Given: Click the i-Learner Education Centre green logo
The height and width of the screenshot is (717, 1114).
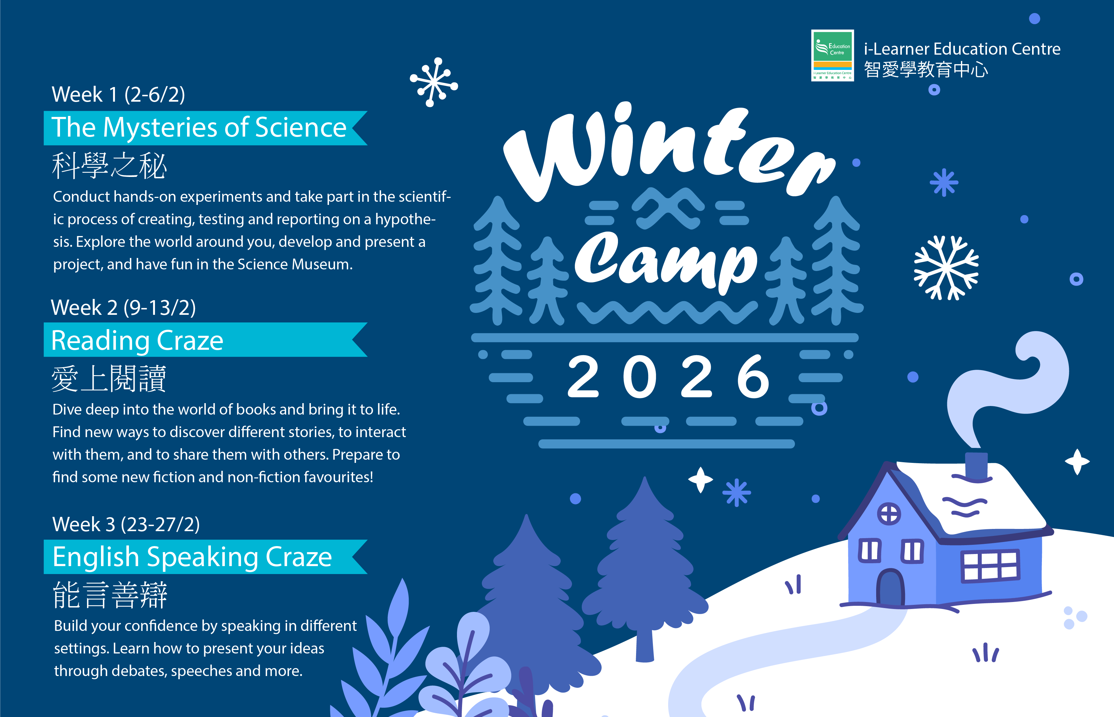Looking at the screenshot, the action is [832, 55].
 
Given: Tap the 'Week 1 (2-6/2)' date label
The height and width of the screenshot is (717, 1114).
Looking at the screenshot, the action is [118, 95].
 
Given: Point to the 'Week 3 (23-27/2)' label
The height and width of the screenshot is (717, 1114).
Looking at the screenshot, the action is [126, 524].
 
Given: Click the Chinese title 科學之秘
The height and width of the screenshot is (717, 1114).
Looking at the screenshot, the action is [109, 166].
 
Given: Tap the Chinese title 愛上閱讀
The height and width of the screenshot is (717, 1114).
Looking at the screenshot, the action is [109, 379].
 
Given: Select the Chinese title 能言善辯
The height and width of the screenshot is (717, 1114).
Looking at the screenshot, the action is [110, 595].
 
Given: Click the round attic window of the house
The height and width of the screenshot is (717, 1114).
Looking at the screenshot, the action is [889, 514].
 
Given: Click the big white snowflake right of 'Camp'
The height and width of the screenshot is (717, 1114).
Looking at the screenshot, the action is [946, 268].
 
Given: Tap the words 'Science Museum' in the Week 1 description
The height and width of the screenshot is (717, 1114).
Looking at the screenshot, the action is [295, 264].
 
